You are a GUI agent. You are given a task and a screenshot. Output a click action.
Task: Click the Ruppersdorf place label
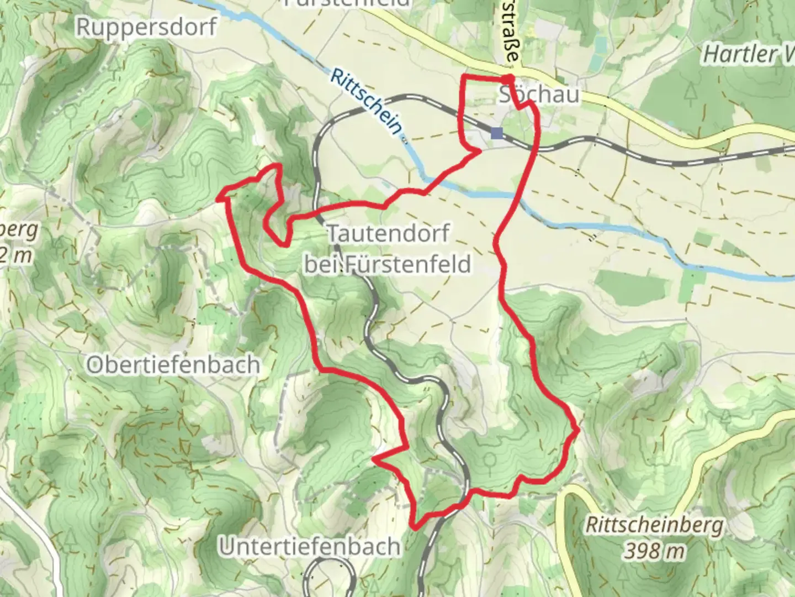point(146,26)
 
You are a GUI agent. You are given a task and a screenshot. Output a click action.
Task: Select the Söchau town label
point(539,95)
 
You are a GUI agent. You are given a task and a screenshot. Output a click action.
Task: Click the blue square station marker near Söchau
point(497,133)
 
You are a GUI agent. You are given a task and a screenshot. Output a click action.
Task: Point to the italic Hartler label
point(740,54)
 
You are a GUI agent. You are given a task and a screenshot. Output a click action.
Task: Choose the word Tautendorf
point(389,233)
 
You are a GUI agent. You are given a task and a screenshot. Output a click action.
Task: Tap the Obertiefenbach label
point(173,365)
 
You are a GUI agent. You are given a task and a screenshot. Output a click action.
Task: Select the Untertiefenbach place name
point(310,547)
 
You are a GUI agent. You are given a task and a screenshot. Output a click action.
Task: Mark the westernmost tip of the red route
point(221,197)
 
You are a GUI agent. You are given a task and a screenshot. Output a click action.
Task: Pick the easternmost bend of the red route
point(577,430)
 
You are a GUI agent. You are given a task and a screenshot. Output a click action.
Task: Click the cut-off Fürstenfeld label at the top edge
point(348,3)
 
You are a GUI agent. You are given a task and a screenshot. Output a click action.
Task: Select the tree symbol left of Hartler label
point(691,95)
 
